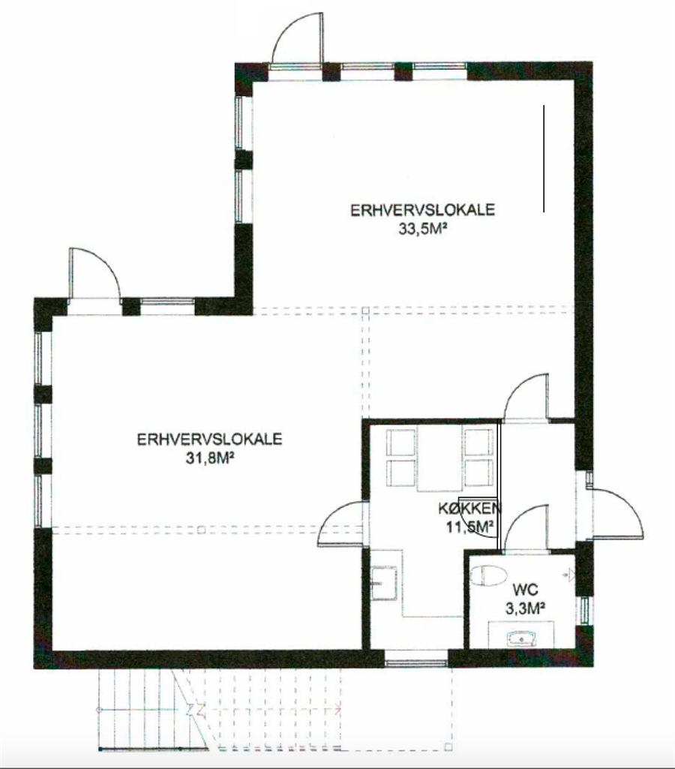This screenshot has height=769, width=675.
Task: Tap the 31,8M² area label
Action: [x=209, y=458]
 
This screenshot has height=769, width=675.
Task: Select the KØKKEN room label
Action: [x=469, y=508]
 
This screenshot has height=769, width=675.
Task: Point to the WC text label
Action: [x=526, y=588]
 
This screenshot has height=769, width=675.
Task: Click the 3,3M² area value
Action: [x=526, y=608]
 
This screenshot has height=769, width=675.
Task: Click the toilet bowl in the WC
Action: [x=487, y=575]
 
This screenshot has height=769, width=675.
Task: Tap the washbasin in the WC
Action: [x=522, y=638]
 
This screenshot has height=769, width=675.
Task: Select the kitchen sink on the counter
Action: [x=383, y=583]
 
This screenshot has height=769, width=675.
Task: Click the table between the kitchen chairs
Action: [x=439, y=458]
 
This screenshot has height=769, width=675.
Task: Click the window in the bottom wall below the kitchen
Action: [x=416, y=663]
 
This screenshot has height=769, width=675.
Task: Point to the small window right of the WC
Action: [x=584, y=611]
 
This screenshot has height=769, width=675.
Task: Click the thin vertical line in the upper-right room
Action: [x=544, y=158]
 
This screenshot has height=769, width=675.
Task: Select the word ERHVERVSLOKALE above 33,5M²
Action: [x=422, y=210]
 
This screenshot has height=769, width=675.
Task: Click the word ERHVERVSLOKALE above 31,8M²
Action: [x=209, y=438]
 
